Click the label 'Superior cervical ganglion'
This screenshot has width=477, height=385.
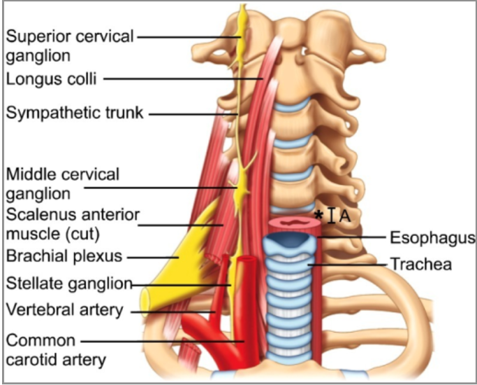coord(70,45)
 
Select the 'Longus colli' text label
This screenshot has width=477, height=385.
coord(52,79)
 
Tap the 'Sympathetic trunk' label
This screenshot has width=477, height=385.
coord(75,113)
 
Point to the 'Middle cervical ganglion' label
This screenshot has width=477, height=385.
coord(63,184)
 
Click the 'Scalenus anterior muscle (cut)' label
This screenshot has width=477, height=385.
coord(73,225)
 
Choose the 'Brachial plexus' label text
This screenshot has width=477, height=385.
coord(64,256)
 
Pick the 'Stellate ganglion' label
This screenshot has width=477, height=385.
coord(69,283)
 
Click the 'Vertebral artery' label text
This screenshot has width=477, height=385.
coord(65,309)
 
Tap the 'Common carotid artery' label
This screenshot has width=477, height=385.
coord(56,350)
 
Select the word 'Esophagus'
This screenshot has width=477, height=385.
coord(432,238)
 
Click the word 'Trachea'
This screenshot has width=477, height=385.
coord(421,264)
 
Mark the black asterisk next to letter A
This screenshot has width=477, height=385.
coord(318,215)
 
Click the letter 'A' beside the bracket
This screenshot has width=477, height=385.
coord(345,216)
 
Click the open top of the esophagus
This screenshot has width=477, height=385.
coord(295,222)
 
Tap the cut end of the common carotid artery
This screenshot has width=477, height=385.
coord(247,260)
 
